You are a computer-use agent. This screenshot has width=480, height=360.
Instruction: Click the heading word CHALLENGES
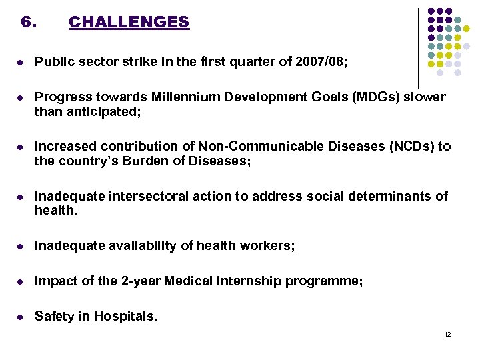[x=129, y=22]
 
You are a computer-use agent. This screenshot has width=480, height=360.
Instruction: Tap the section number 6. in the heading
[x=28, y=22]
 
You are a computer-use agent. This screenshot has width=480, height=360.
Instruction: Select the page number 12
[x=447, y=334]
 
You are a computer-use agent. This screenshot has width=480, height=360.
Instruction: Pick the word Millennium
[x=182, y=97]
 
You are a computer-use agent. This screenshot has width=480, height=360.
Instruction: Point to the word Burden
[x=148, y=161]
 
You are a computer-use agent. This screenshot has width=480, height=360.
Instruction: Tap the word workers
[x=267, y=246]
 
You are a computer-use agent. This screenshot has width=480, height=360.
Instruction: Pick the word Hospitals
[x=127, y=317]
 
